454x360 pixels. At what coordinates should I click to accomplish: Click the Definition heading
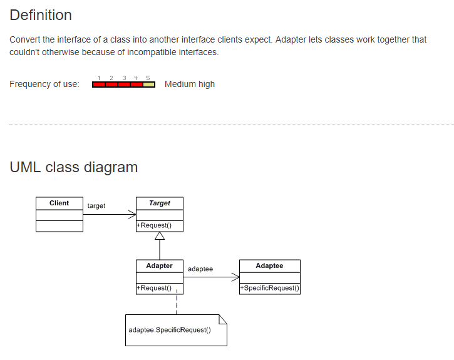click(41, 15)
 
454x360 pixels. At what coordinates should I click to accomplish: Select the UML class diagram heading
click(74, 167)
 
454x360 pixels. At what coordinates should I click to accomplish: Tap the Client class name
click(59, 203)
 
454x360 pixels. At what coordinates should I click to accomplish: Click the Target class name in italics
click(160, 203)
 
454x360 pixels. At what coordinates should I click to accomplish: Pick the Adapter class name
click(159, 265)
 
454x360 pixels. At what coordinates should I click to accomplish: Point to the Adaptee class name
click(269, 265)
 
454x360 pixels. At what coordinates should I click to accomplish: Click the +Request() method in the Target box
click(154, 225)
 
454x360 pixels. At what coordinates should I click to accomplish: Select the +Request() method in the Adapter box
click(154, 288)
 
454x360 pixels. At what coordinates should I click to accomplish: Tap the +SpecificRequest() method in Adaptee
click(269, 288)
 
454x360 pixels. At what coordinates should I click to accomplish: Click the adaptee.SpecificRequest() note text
click(169, 330)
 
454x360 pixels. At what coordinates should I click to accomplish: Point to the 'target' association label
click(96, 206)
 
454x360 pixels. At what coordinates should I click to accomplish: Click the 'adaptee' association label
click(200, 269)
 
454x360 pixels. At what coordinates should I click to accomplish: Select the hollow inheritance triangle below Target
click(160, 236)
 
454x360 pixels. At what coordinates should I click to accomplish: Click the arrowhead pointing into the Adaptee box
click(235, 277)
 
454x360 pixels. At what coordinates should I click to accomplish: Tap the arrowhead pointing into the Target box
click(132, 214)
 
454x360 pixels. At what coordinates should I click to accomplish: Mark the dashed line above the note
click(177, 304)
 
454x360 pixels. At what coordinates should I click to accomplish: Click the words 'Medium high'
click(190, 84)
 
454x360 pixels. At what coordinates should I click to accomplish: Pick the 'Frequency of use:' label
click(44, 85)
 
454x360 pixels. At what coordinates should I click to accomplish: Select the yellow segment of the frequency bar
click(149, 85)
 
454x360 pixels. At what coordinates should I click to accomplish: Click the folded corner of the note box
click(222, 319)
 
